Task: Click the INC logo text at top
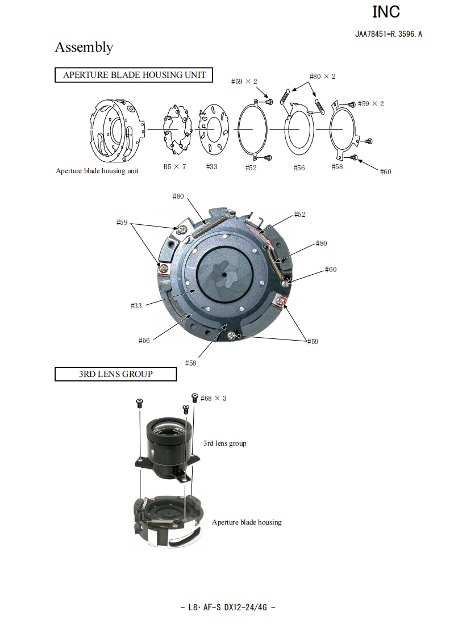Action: point(386,11)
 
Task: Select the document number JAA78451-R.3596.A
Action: point(389,34)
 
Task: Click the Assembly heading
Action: point(84,47)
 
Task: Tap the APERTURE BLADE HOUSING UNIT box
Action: point(134,75)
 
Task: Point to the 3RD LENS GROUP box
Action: point(115,374)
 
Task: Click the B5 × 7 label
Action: point(174,166)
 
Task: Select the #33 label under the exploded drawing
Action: point(211,166)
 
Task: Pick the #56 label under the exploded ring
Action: point(299,167)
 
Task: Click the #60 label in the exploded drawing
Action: point(385,171)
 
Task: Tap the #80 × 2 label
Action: point(322,76)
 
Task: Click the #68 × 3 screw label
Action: point(213,398)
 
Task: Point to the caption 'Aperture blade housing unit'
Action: point(97,170)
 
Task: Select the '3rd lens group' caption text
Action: point(225,443)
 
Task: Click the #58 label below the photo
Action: point(190,363)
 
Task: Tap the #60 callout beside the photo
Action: point(331,269)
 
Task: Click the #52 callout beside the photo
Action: point(299,214)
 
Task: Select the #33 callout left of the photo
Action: point(136,305)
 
